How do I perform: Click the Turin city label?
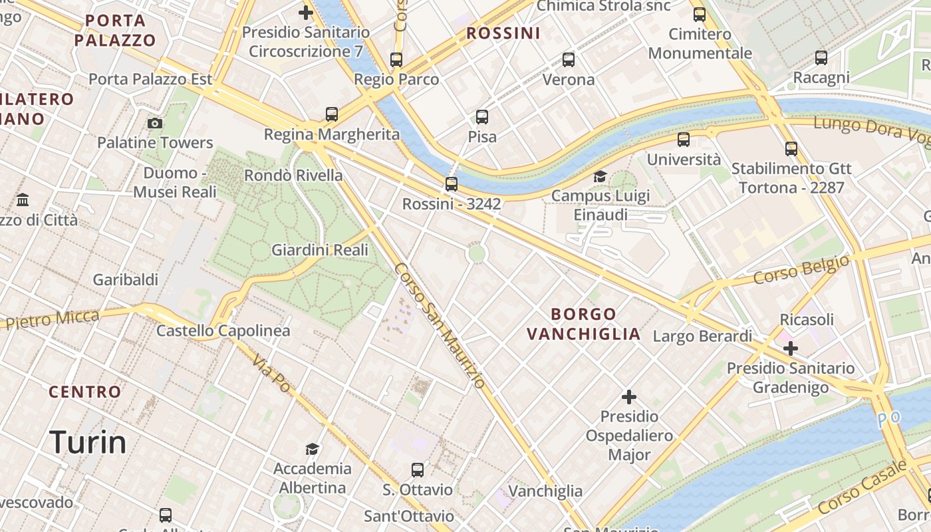coord(88,442)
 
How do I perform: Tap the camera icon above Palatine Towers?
coord(155,123)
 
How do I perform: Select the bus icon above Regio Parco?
coord(396,60)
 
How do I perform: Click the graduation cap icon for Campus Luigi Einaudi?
coord(600,176)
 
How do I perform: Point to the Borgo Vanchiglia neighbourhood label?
coord(584,324)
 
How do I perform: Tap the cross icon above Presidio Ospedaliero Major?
coord(628,398)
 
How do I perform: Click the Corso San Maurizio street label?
coord(440,326)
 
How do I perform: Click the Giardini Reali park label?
coord(320,250)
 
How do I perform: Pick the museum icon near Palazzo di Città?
coord(23,199)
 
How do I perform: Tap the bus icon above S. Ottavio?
coord(418,470)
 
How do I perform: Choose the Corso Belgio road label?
coord(801,269)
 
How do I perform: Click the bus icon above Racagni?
coord(821,58)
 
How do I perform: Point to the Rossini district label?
coord(503,33)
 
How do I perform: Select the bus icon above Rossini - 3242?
coord(452,184)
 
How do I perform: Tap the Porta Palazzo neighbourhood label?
coord(115,31)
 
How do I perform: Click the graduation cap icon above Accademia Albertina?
coord(312,449)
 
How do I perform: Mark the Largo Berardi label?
coord(702,336)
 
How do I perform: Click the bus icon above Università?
coord(684,140)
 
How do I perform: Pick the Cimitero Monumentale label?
coord(700,43)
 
